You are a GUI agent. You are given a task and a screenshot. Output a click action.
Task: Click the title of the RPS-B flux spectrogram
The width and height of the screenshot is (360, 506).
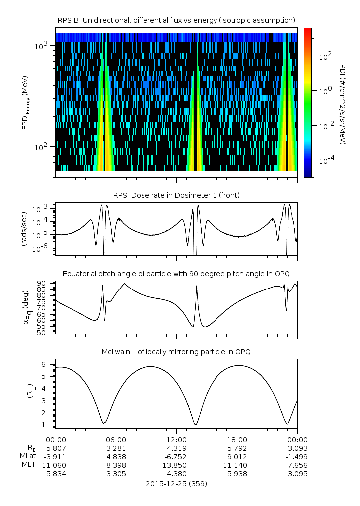tap(176, 20)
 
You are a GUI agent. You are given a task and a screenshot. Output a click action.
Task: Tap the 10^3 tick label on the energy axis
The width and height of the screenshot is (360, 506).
tap(41, 46)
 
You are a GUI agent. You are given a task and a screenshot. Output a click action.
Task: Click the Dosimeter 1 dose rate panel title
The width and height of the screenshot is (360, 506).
tap(176, 195)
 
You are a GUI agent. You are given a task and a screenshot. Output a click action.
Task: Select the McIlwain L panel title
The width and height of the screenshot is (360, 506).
tap(176, 352)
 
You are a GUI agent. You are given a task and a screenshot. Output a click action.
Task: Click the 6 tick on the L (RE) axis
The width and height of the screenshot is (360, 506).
tap(45, 364)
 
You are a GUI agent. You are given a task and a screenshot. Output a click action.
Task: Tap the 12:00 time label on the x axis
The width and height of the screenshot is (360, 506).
tap(176, 440)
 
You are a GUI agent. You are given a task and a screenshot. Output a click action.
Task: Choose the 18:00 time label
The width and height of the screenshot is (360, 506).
tap(237, 440)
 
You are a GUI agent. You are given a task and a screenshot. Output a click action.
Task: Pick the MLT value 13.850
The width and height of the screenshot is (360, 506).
tap(176, 465)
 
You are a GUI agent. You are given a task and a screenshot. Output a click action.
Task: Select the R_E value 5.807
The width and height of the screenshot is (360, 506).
tap(56, 448)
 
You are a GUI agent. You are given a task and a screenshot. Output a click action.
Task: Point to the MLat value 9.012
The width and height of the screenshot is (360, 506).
tap(237, 456)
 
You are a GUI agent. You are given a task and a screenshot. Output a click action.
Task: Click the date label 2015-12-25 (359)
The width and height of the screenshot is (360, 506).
tap(176, 483)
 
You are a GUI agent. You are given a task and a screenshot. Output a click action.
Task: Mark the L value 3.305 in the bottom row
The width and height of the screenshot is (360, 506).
tap(116, 474)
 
